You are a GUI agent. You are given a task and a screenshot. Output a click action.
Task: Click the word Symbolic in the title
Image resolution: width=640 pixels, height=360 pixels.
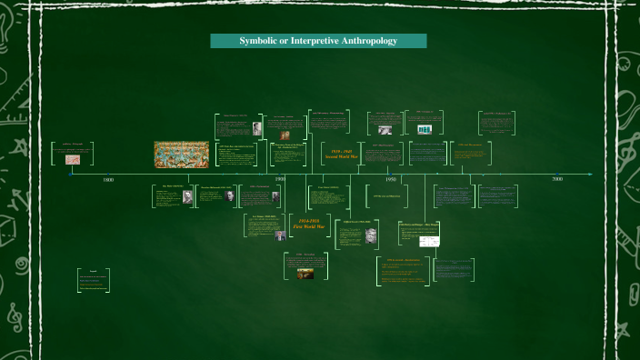tap(257, 41)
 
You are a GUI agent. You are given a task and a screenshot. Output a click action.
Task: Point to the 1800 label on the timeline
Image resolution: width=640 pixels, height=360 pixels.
tap(108, 181)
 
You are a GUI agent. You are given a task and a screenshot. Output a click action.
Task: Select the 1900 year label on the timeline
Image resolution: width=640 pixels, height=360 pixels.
tap(280, 180)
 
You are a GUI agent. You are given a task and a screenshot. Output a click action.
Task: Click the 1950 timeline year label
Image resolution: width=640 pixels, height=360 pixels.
tap(389, 180)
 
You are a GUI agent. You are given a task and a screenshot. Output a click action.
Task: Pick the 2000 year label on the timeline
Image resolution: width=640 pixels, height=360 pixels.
tap(556, 180)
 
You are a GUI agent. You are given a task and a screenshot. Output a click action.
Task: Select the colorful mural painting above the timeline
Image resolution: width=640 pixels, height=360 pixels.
tap(181, 153)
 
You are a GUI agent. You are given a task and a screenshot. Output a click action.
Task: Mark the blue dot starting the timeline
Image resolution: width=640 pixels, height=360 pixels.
tap(70, 174)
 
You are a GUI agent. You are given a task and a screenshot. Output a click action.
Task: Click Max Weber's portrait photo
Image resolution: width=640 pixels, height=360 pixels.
tap(187, 196)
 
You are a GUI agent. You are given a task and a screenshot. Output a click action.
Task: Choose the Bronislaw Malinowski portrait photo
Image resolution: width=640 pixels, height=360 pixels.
tap(229, 195)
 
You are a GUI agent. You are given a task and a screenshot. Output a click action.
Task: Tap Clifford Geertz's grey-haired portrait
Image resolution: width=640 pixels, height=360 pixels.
tap(372, 235)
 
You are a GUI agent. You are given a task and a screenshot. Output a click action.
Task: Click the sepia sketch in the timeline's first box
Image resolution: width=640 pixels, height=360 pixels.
tap(72, 159)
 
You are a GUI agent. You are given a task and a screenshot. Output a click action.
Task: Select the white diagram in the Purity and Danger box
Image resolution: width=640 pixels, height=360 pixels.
tap(427, 242)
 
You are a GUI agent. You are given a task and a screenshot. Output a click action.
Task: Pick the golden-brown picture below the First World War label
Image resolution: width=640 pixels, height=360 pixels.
tap(305, 271)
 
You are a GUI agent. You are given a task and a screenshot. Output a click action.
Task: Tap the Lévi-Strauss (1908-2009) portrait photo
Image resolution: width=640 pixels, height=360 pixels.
tap(281, 235)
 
